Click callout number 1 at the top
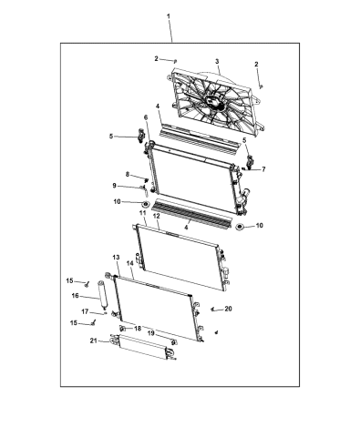pos(167,18)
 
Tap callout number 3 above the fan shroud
pos(217,62)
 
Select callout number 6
pos(145,118)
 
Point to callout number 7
pos(262,169)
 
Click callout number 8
pos(128,174)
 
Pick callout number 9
pos(128,186)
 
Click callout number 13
pos(116,259)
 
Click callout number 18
pos(137,328)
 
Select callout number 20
pos(228,309)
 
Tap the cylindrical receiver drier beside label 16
pos(101,297)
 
